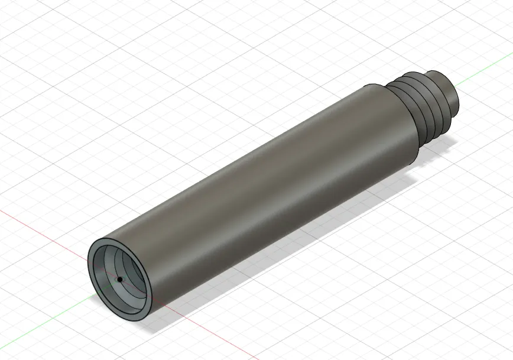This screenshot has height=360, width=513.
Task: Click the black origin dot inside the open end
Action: coord(119,279)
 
